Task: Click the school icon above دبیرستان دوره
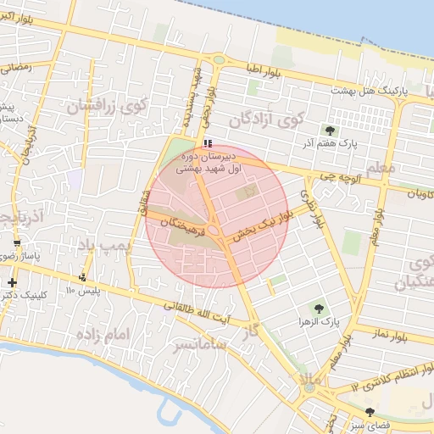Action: coord(209,143)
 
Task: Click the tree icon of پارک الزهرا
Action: coord(320,309)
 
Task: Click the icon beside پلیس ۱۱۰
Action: coord(82,277)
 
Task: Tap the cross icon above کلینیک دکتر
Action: coord(12,282)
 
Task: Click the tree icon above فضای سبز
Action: coord(370,412)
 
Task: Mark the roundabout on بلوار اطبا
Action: coord(219,60)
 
